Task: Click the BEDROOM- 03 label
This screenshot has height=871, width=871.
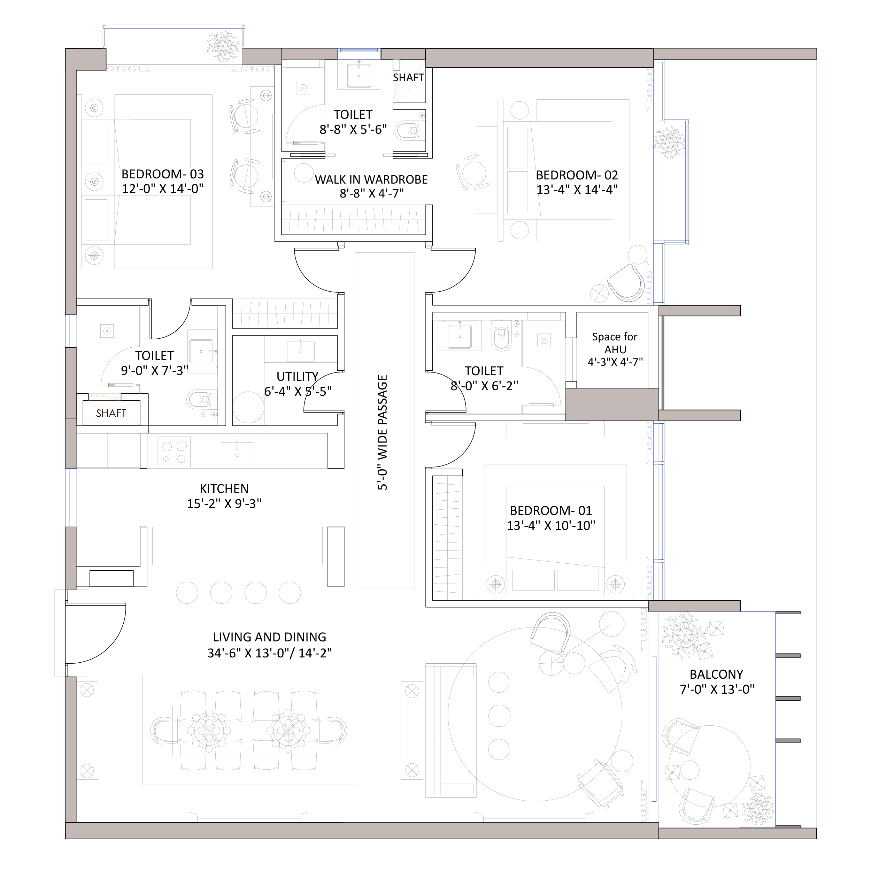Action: click(x=162, y=174)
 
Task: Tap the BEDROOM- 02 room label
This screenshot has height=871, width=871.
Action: click(x=577, y=175)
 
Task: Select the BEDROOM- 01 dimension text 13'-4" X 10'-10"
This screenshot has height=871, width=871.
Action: click(x=551, y=526)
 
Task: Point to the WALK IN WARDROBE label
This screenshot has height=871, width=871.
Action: click(x=371, y=179)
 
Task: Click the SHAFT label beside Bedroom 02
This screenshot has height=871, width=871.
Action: click(x=408, y=78)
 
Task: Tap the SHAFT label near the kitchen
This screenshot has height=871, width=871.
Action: click(x=111, y=414)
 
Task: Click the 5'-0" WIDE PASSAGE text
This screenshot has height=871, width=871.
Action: click(x=382, y=432)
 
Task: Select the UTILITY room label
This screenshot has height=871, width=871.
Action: click(x=298, y=376)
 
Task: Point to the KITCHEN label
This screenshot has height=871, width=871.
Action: click(x=224, y=489)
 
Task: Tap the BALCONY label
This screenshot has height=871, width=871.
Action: click(x=716, y=675)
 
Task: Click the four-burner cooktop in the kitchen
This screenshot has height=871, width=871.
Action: click(x=174, y=452)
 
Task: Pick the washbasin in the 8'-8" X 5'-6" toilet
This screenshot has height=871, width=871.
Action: click(x=359, y=76)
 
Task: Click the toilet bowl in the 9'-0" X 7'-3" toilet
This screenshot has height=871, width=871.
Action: click(x=199, y=399)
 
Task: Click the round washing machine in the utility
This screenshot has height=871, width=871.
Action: click(x=248, y=407)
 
